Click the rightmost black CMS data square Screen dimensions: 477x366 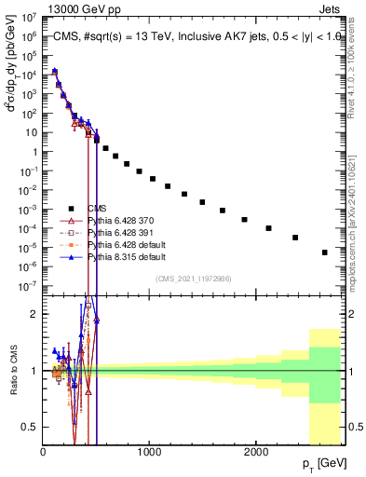click(325, 252)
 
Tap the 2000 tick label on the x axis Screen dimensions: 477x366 click(256, 452)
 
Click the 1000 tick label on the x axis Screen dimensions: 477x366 click(150, 452)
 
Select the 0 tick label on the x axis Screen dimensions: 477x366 click(44, 452)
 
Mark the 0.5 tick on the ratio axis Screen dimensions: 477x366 click(31, 427)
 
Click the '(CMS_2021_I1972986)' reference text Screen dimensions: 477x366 click(195, 279)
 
